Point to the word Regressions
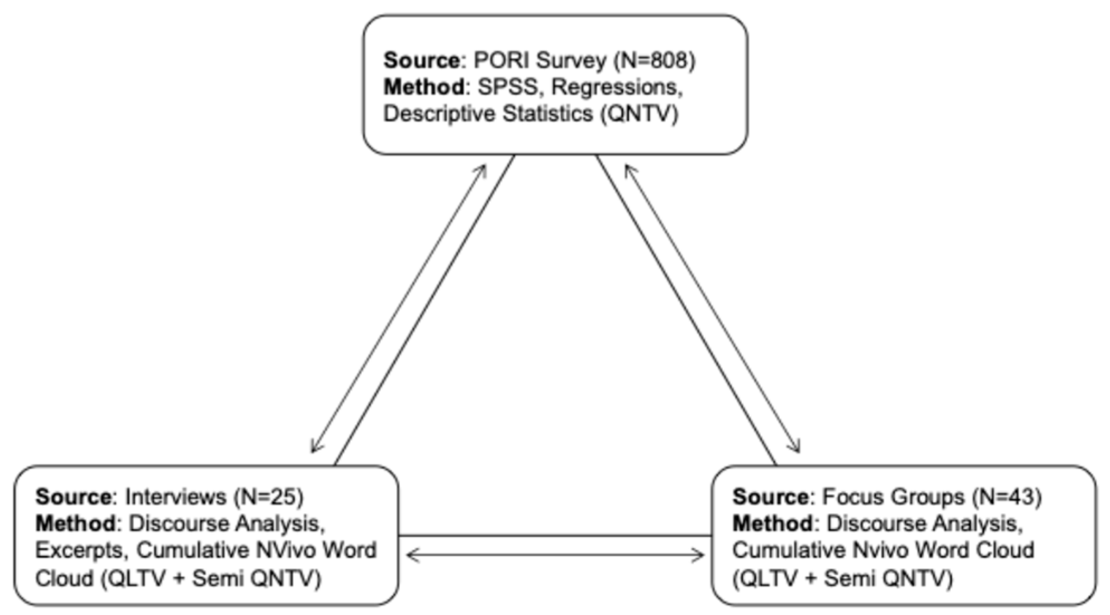pos(617,87)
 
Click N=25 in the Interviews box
pos(268,496)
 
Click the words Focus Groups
pos(893,496)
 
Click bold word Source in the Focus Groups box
pos(770,496)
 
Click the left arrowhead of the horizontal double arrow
pos(411,555)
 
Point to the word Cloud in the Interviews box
pos(64,579)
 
